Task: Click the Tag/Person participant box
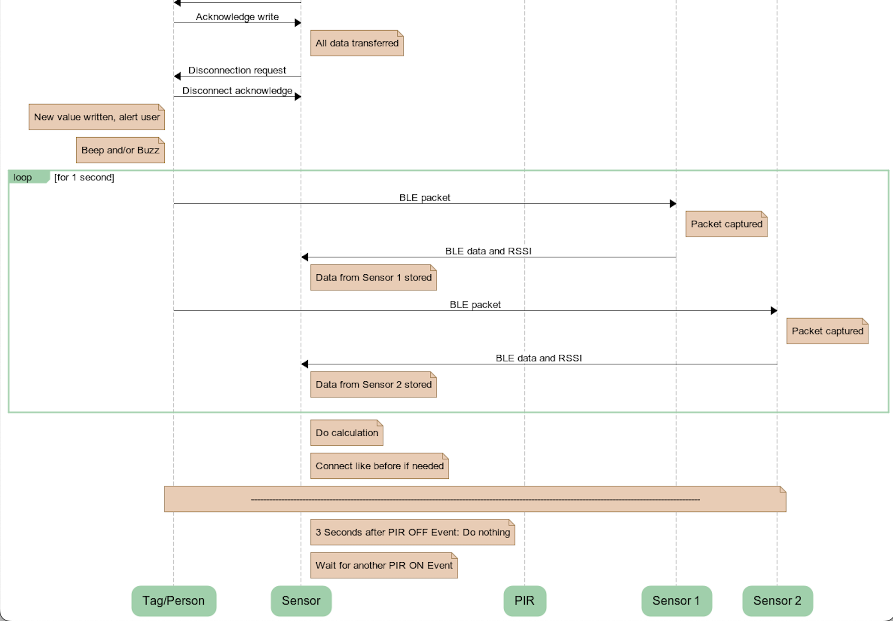click(174, 600)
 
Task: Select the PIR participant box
click(524, 600)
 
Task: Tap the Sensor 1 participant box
click(676, 600)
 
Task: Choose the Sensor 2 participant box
click(777, 600)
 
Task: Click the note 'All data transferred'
click(357, 43)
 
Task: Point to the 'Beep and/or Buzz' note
click(120, 150)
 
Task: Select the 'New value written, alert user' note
click(96, 117)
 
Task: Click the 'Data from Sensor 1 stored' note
click(373, 277)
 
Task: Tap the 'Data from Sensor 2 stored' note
click(373, 384)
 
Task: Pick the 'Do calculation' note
click(347, 433)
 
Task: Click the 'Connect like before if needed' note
click(379, 466)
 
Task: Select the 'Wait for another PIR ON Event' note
click(384, 565)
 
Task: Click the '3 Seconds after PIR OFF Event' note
click(412, 532)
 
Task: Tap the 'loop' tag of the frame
click(23, 177)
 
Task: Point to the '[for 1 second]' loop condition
click(84, 177)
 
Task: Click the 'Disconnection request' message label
click(237, 70)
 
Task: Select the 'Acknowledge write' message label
click(237, 17)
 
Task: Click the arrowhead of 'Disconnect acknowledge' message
click(298, 96)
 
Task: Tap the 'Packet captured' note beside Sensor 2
click(827, 331)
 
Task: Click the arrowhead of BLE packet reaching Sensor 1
click(673, 203)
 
